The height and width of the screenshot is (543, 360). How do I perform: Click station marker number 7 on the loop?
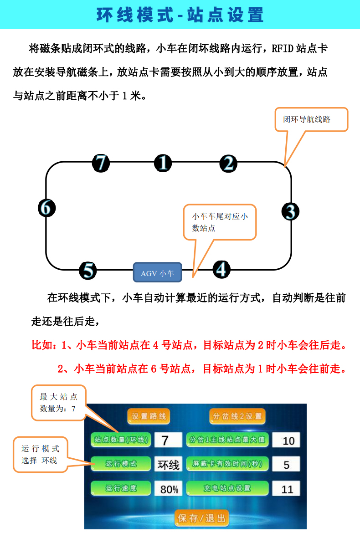pos(101,163)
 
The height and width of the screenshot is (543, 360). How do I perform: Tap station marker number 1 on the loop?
pos(163,163)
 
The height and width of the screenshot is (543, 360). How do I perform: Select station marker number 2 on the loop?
pos(228,164)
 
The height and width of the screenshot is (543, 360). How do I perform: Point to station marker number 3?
pos(290,211)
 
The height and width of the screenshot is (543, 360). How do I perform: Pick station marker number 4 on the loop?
pos(221,269)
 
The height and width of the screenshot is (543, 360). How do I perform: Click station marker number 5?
pos(88,270)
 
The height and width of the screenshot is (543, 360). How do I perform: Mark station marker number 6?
pos(46,208)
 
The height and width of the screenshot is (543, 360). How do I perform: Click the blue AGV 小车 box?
pos(157,272)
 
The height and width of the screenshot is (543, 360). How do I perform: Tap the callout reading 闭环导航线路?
pos(311,119)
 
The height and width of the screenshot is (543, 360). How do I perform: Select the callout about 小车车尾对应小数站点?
pos(220,222)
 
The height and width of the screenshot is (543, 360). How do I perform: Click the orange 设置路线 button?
pos(149,416)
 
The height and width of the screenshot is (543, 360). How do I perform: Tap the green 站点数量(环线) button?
pos(121,440)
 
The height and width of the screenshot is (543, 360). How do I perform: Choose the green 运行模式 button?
pos(121,464)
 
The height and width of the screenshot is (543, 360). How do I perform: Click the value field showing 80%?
pos(169,489)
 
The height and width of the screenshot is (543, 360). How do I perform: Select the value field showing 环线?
pos(169,464)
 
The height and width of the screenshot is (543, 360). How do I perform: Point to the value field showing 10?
pos(286,441)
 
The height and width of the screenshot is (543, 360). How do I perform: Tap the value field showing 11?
pos(286,489)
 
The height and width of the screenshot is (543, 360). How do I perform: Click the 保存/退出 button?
pos(202,518)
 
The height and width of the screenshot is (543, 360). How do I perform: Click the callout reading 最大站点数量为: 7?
pos(58,403)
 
